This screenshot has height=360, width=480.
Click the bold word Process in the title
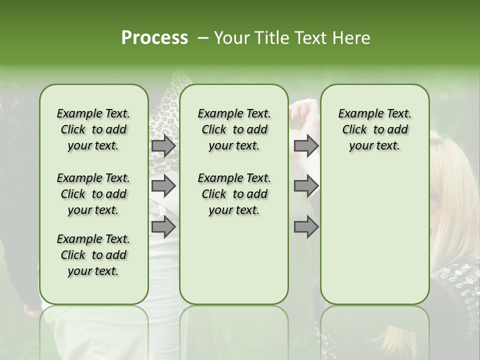(154, 38)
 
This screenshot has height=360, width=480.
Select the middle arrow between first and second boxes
(163, 186)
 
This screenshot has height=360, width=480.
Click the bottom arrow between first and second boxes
(163, 227)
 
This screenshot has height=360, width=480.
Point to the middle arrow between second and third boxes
(306, 186)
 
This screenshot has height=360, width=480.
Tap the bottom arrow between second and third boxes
(306, 227)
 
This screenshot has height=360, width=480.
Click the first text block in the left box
(93, 129)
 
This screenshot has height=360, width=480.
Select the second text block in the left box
(93, 194)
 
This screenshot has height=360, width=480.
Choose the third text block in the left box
(93, 255)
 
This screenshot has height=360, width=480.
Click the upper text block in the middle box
(234, 129)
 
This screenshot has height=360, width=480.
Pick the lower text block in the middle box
(234, 194)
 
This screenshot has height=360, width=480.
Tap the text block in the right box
(374, 129)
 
